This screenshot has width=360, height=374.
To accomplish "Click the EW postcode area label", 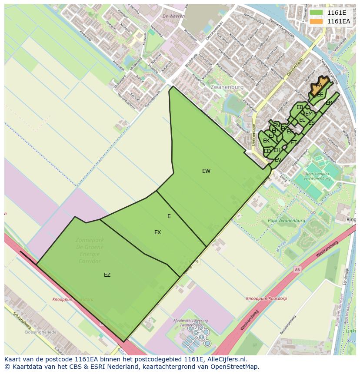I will coord(206,171).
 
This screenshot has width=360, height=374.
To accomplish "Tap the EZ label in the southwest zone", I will coord(107,275).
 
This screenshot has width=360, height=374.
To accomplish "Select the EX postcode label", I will coord(157,232).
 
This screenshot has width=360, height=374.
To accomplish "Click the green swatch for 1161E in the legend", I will coord(316,13).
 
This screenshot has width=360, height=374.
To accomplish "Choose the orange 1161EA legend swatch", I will coord(316,21).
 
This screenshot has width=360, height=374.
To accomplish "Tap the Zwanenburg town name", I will coord(227,87).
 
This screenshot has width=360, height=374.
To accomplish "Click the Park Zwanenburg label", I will coord(286,221).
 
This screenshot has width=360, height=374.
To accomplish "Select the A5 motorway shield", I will coord(297,269).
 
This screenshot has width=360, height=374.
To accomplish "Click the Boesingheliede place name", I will coord(41,332).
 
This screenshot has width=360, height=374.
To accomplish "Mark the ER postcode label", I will coord(329,103).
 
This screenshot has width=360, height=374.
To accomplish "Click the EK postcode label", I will coord(266,141).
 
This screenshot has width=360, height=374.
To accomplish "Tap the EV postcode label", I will coord(278,160).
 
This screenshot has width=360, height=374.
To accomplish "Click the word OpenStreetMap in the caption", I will coord(234,367).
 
